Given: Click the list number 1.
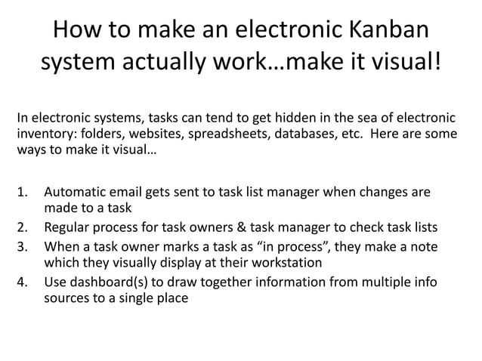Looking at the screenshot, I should coord(21,192).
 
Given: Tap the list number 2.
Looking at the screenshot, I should coord(21,228).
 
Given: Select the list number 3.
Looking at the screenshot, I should coord(21,245).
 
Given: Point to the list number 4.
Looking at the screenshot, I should coord(21,281).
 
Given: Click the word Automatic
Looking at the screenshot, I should coord(77,192).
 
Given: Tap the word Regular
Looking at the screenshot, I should coord(70,228).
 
